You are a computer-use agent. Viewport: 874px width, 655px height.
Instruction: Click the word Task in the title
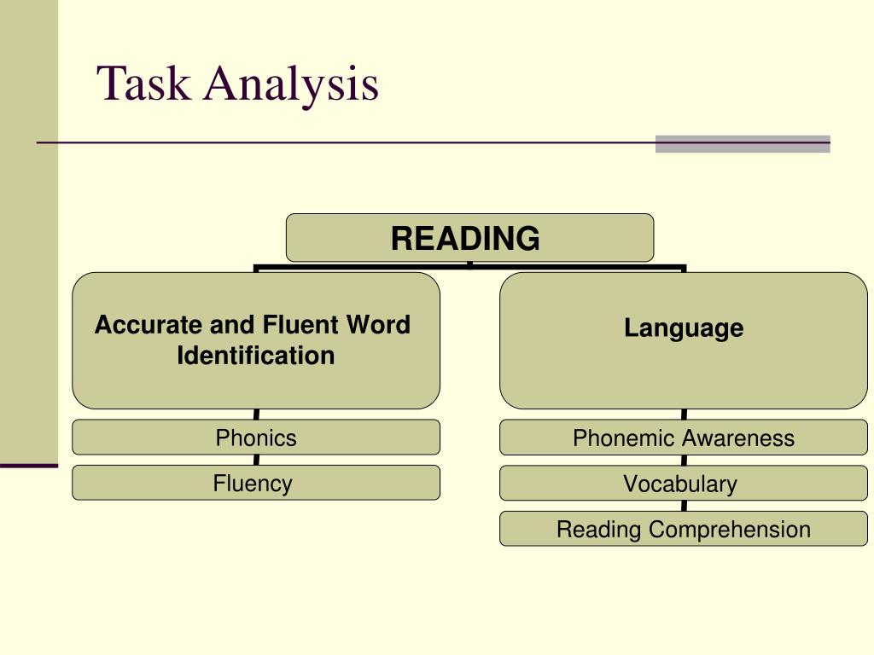coord(144,84)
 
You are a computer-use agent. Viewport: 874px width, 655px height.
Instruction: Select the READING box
coord(469,237)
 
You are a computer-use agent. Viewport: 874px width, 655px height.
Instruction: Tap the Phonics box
coord(256,438)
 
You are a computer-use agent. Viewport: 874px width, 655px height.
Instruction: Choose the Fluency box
coord(256,483)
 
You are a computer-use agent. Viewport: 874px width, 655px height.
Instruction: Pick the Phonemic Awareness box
coord(683,438)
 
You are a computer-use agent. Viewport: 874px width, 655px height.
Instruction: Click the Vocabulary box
coord(683,484)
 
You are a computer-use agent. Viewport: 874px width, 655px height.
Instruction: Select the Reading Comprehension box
coord(683,529)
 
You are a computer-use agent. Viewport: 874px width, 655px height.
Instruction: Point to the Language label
coord(683,328)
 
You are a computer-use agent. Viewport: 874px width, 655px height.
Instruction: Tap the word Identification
coord(256,356)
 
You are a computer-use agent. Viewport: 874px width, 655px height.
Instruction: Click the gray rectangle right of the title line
coord(743,144)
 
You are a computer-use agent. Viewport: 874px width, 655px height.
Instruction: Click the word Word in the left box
coord(379,325)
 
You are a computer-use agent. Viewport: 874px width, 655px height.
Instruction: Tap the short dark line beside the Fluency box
coord(28,466)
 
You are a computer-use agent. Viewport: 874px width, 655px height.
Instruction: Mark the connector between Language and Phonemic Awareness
coord(684,414)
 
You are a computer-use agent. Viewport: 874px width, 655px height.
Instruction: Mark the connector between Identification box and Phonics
coord(256,414)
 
